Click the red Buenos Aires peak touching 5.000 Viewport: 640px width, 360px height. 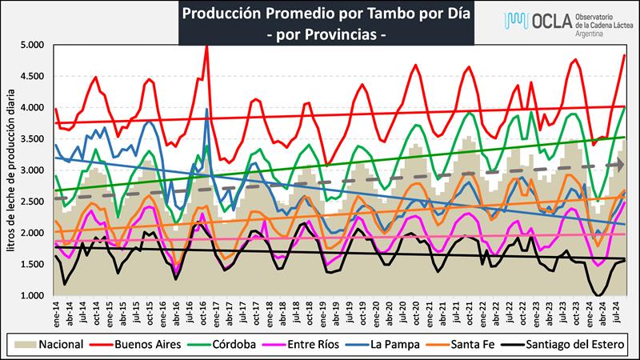point(207,46)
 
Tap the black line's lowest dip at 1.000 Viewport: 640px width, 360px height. point(598,295)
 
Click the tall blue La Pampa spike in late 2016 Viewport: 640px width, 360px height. point(206,110)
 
